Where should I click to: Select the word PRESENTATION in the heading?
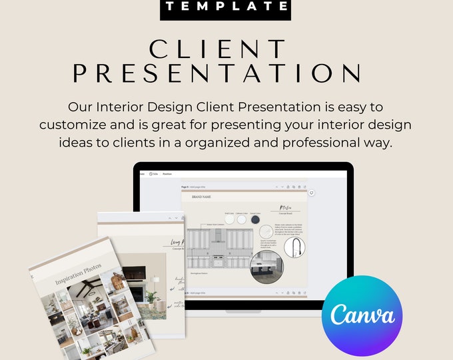point(217,73)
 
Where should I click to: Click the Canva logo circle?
point(362,315)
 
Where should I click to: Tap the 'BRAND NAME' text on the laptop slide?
point(202,197)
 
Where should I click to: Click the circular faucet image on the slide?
point(294,248)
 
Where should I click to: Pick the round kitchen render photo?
point(266,268)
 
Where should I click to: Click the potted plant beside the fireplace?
point(151,298)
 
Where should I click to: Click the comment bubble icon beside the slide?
point(312,193)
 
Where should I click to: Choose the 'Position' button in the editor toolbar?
point(167,173)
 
